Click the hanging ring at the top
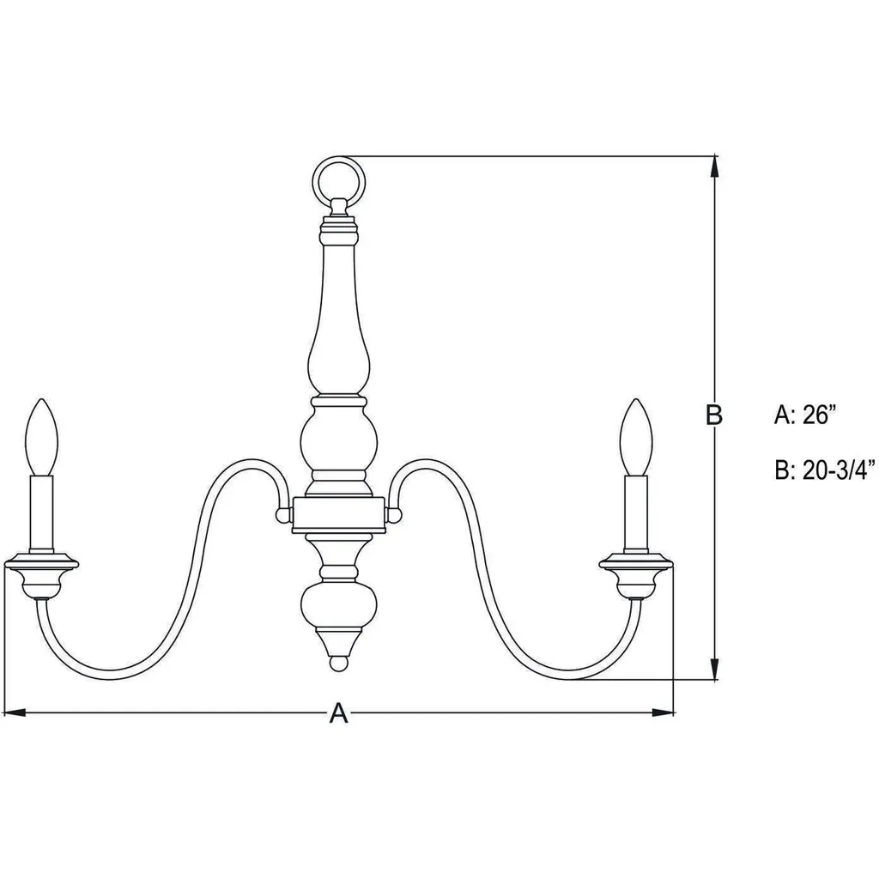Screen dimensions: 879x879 click(x=338, y=159)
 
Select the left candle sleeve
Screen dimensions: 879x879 click(x=42, y=516)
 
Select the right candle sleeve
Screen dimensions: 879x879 click(x=636, y=516)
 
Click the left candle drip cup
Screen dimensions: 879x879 click(x=41, y=578)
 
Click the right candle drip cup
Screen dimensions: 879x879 click(x=636, y=578)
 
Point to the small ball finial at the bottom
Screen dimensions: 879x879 click(x=338, y=664)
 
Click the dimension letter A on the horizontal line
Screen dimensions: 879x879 click(x=338, y=713)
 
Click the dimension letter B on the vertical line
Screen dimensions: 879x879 click(x=713, y=415)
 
